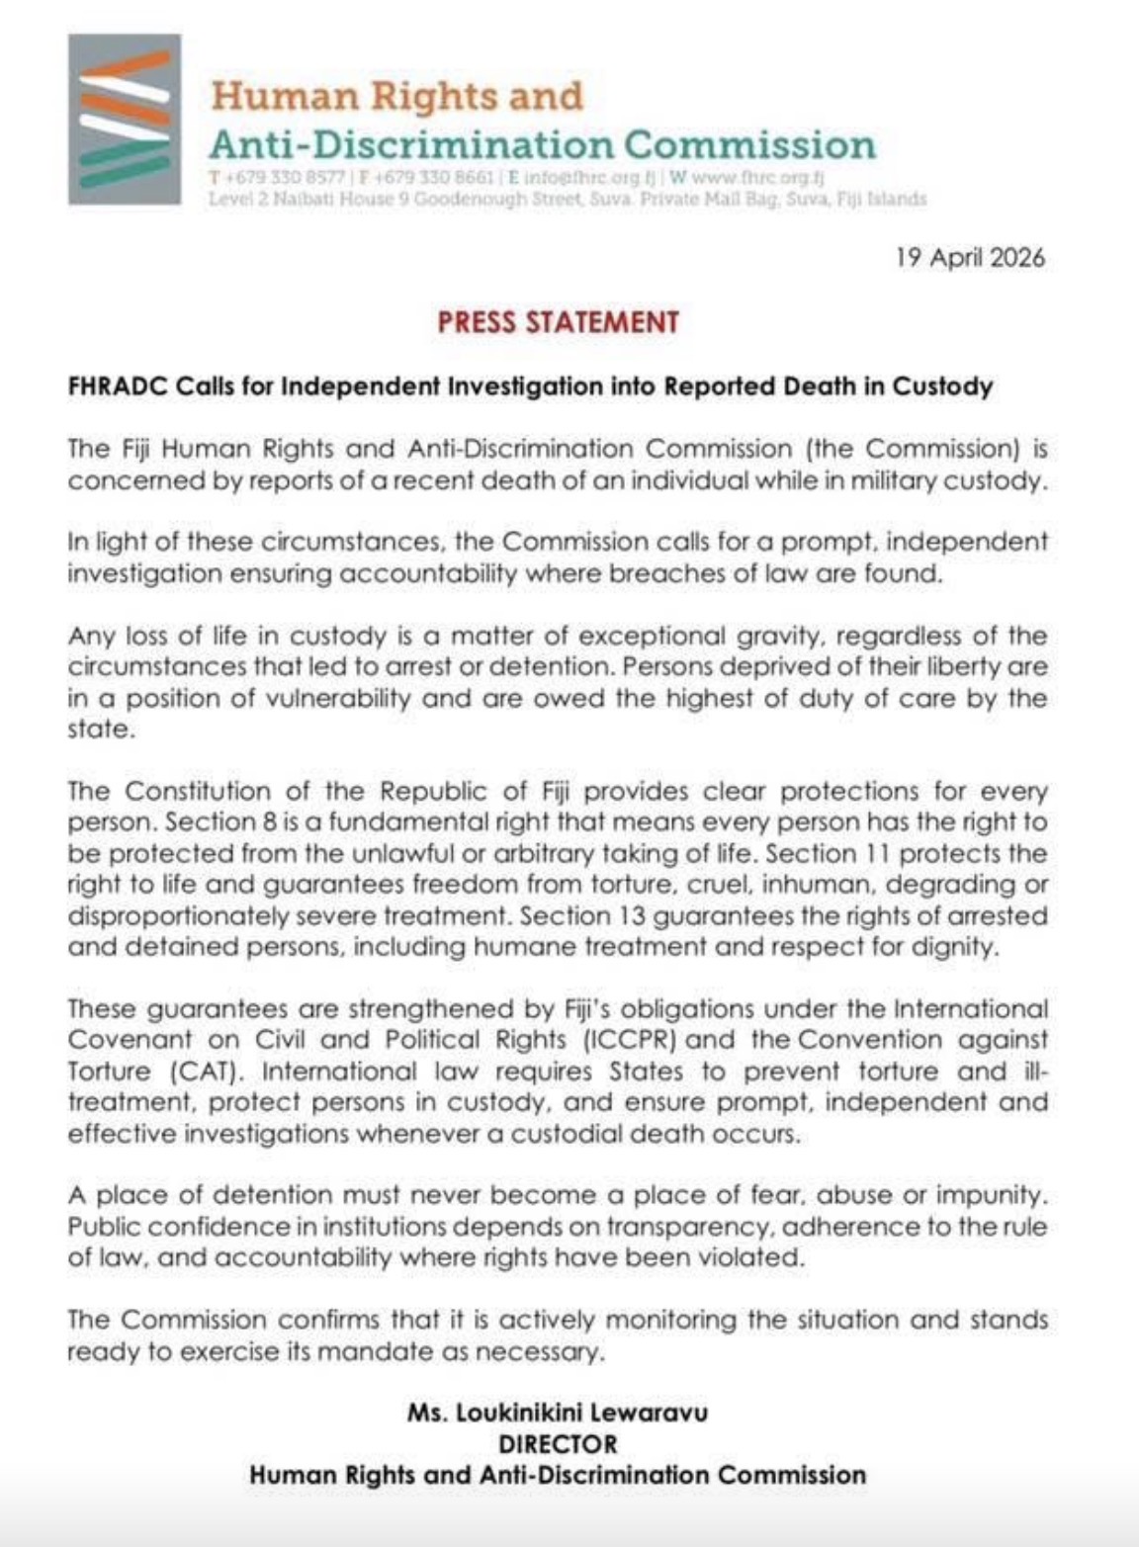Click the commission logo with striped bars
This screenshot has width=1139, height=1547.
124,119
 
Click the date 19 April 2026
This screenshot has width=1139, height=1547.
970,258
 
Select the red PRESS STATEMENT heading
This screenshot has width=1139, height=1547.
559,322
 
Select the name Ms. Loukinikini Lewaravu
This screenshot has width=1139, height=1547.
558,1413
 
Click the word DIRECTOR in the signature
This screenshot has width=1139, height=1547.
558,1444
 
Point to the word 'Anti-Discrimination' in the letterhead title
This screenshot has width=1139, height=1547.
409,145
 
